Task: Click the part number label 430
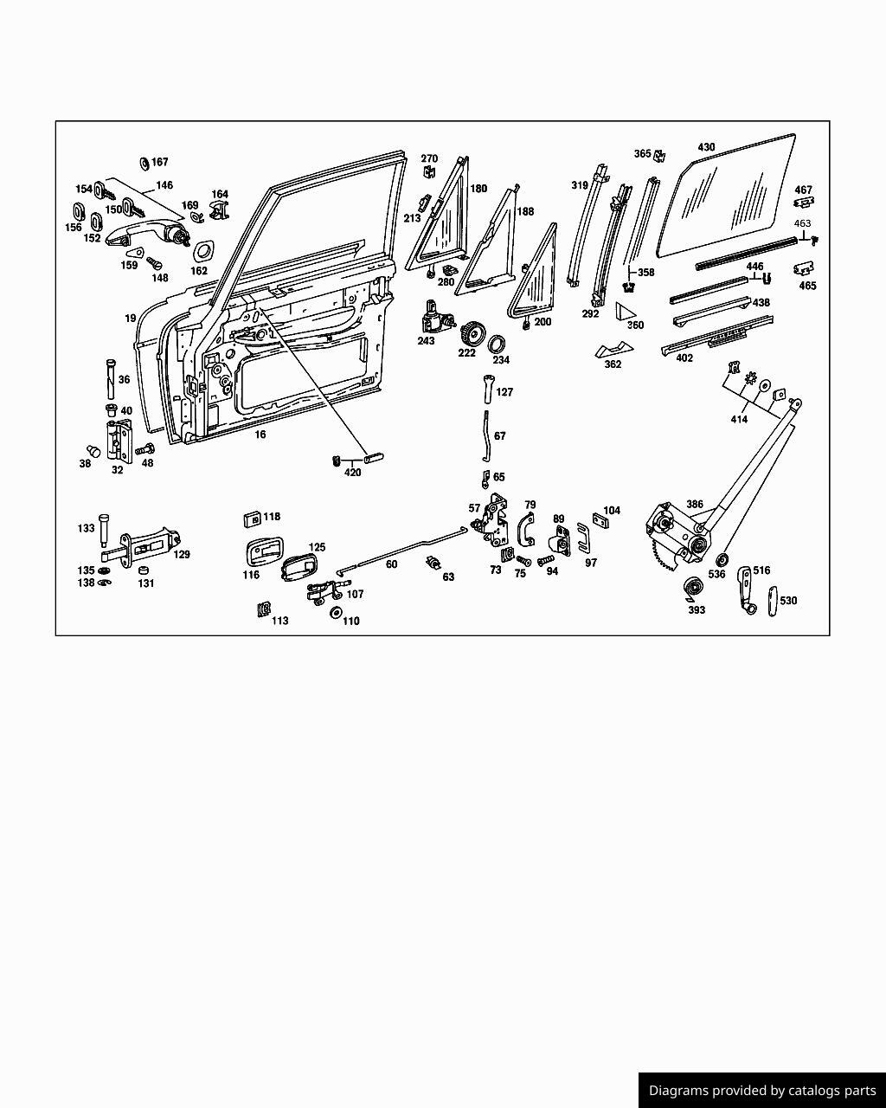point(706,147)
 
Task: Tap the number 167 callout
point(160,162)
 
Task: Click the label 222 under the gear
point(467,352)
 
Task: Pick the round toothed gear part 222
point(471,333)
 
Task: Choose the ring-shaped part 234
point(500,342)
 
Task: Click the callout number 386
point(695,504)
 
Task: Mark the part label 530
point(788,601)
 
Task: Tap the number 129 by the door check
point(182,554)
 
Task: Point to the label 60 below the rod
point(391,564)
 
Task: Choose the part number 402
point(684,358)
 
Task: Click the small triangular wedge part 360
point(625,312)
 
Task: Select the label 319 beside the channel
point(580,185)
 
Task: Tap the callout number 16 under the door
point(260,435)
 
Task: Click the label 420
point(353,473)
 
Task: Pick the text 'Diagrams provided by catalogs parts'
point(762,1091)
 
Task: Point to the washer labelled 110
point(335,614)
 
